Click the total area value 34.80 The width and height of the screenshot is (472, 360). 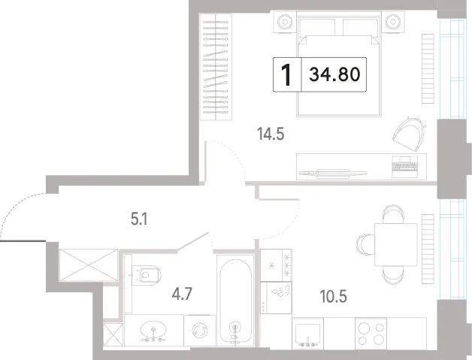(x=334, y=74)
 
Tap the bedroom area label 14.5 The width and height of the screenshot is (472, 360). (x=271, y=134)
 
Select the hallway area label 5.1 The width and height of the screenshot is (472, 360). (x=139, y=219)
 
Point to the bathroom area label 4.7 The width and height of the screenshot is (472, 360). (x=182, y=294)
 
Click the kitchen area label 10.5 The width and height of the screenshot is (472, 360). (x=333, y=296)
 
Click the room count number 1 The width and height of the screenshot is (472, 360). (x=286, y=75)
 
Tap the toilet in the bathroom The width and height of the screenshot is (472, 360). (x=147, y=275)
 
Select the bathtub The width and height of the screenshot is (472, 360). (x=235, y=301)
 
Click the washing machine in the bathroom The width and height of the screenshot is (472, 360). (x=200, y=331)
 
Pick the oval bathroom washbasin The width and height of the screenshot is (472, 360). (x=153, y=329)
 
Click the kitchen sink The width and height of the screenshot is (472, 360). (x=307, y=334)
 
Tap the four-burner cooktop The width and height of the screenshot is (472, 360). (x=371, y=334)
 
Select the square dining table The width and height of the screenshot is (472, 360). (x=395, y=244)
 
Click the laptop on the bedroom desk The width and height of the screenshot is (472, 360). (x=405, y=167)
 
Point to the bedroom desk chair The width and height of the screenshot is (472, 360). (x=409, y=134)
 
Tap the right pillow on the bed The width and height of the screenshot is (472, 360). (x=360, y=28)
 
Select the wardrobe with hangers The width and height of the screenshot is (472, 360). (x=216, y=68)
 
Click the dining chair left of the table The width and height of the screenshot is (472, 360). (x=365, y=244)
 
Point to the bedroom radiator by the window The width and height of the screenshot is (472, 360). (x=428, y=68)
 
